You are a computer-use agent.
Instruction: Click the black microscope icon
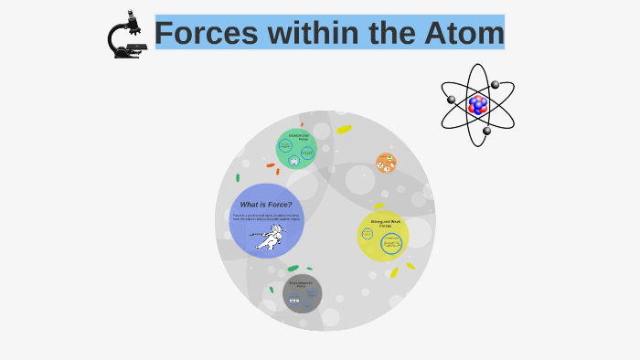(127, 36)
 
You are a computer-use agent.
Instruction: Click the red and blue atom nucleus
(477, 104)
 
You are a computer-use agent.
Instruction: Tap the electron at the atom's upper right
(495, 85)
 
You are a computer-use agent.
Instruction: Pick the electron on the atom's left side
(451, 100)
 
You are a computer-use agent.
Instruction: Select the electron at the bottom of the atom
(486, 131)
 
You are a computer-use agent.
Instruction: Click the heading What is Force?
(266, 205)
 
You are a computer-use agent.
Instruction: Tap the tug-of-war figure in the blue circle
(268, 239)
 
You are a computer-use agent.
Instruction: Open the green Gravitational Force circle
(296, 149)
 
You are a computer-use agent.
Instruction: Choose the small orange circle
(386, 163)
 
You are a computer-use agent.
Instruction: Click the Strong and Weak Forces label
(385, 223)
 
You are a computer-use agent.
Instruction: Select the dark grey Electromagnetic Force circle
(302, 293)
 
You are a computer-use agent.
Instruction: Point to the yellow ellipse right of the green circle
(344, 129)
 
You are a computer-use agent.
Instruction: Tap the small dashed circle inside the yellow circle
(368, 234)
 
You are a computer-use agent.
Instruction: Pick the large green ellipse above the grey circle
(293, 269)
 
